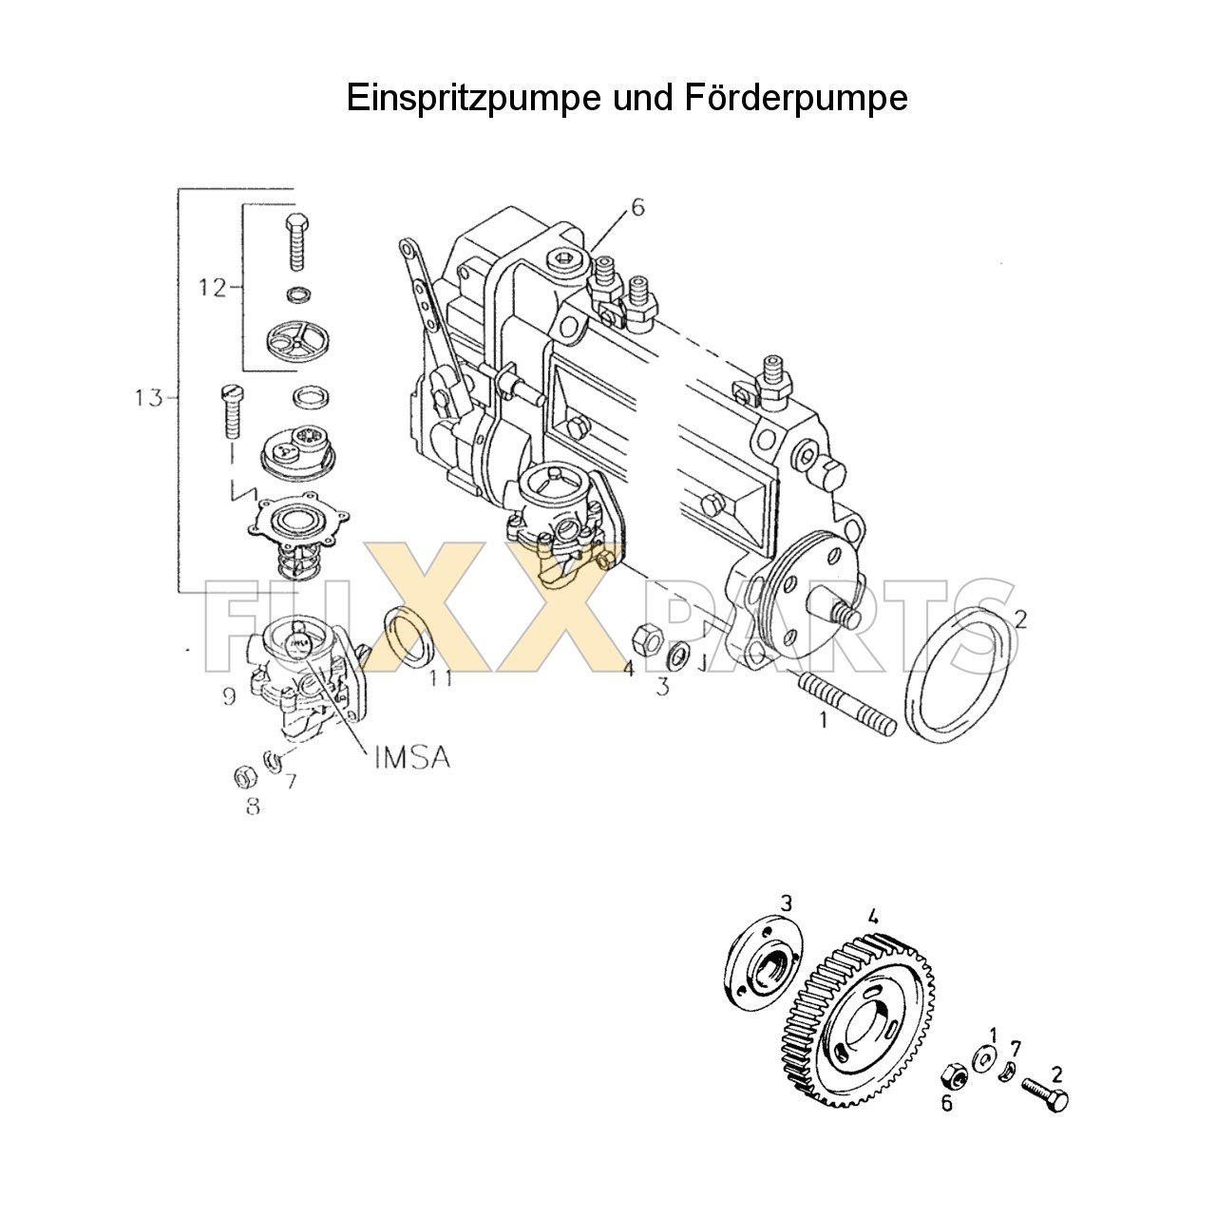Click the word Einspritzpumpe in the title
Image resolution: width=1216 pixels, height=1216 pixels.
(x=471, y=98)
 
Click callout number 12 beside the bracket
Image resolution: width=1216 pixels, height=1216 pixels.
(x=213, y=286)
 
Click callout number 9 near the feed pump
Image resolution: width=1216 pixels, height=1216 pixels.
(x=229, y=697)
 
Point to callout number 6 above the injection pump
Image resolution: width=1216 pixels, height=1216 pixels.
(x=637, y=207)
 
